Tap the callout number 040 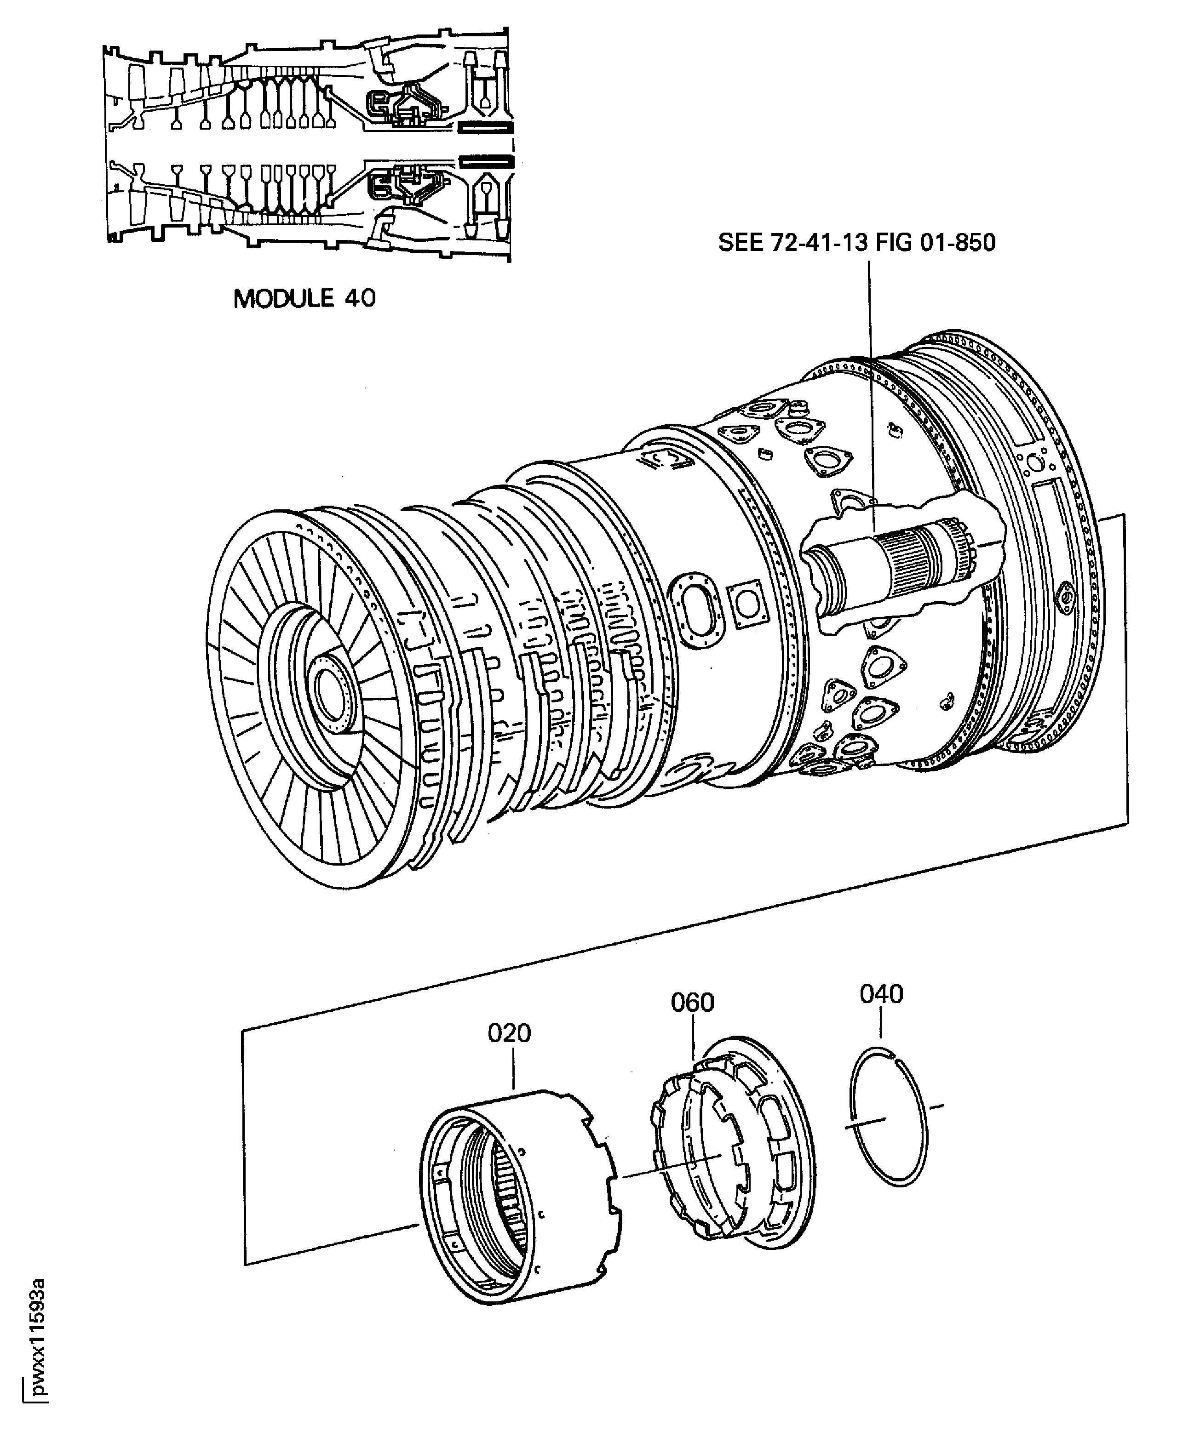click(x=881, y=994)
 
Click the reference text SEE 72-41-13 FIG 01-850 click(x=856, y=243)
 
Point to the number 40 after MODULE click(x=359, y=298)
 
